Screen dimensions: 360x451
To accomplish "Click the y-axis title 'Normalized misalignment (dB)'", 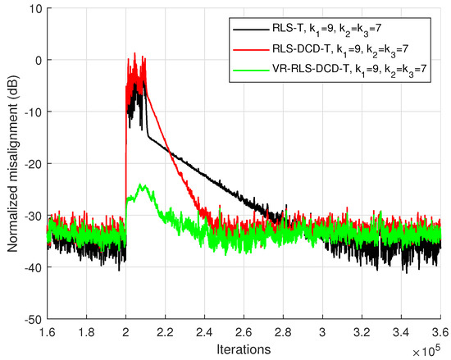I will (11, 162).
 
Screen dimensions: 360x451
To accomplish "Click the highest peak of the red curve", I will (134, 54).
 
